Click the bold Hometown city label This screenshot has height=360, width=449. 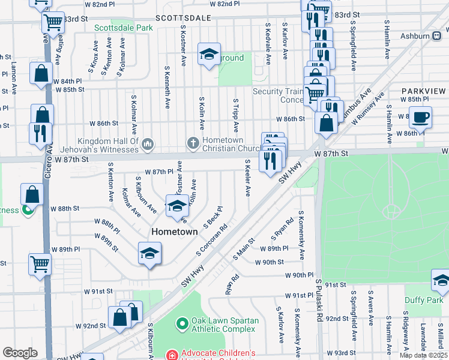pos(174,231)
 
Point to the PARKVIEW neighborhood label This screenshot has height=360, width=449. pos(424,91)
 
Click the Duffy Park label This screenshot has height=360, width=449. pos(426,299)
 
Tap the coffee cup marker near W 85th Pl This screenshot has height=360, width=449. pos(420,117)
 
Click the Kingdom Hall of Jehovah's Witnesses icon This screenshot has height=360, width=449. pos(148,144)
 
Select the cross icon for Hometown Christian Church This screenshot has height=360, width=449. pos(193,143)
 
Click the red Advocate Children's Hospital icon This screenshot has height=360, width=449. pos(173,355)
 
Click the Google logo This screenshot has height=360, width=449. pos(20,353)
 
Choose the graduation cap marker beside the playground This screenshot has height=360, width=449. pos(209,56)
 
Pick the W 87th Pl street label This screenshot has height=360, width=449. pos(150,172)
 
